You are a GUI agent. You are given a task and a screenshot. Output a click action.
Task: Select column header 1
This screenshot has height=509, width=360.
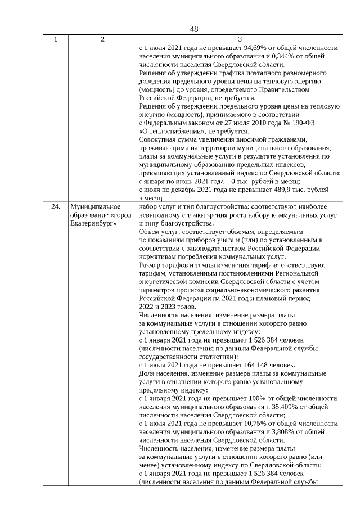(x=55, y=39)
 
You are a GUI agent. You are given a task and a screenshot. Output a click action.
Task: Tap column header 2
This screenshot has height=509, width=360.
(x=102, y=39)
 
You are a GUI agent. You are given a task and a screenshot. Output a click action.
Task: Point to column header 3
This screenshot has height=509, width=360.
(x=239, y=39)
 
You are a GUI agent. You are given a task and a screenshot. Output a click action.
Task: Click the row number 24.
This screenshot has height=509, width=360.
(x=55, y=207)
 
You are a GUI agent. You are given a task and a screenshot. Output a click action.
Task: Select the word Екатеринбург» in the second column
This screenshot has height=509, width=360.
(x=91, y=223)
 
